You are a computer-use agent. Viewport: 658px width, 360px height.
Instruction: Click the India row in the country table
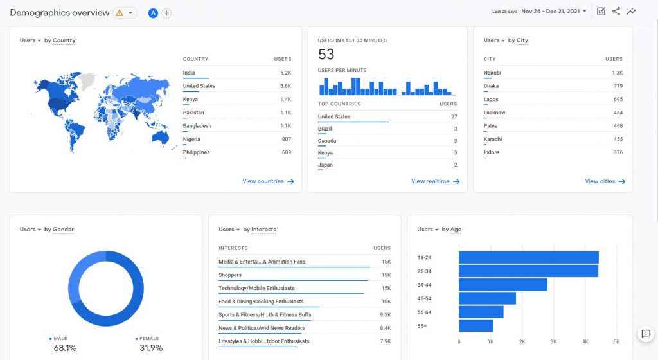point(189,73)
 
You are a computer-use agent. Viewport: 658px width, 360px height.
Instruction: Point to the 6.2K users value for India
point(285,73)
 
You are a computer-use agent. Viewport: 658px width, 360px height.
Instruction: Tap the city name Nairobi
point(492,73)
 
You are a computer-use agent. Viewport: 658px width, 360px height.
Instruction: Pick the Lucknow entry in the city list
point(494,113)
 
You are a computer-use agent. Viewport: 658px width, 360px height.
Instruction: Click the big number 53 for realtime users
point(326,55)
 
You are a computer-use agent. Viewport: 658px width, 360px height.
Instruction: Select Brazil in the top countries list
point(325,129)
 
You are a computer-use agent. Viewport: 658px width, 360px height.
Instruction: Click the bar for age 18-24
point(528,257)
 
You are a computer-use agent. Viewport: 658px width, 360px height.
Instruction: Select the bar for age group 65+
point(476,326)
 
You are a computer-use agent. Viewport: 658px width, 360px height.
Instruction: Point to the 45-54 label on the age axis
point(424,298)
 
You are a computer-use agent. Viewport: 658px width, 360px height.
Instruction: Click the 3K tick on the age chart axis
point(553,342)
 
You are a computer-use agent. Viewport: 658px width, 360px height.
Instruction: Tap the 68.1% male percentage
point(65,348)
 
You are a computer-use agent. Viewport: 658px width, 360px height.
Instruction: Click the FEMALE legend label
point(150,339)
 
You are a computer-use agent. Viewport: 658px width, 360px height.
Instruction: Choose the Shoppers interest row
point(230,275)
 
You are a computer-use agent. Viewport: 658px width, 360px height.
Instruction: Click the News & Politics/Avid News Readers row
point(262,328)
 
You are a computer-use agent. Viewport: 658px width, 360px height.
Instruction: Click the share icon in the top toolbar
point(616,11)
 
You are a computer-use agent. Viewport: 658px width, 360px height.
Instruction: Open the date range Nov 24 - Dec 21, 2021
point(553,11)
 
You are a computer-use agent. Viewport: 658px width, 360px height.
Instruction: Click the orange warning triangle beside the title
point(120,13)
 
